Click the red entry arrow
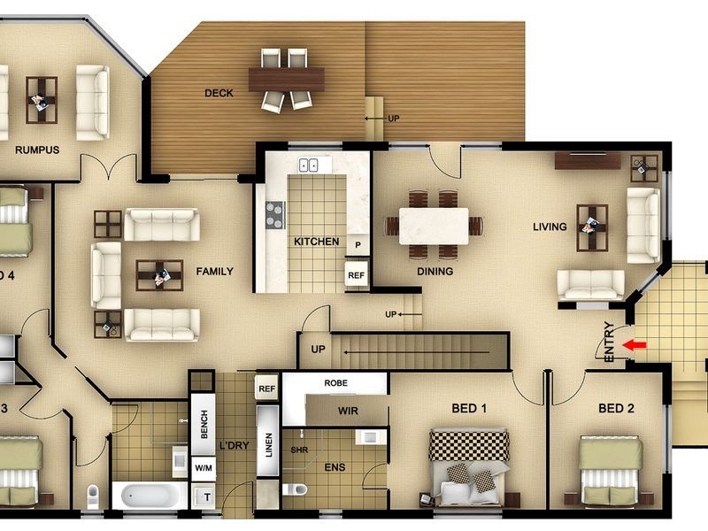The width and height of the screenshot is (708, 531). [x=635, y=345]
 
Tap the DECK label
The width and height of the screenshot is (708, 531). [x=219, y=93]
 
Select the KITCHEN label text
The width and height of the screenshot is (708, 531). [x=316, y=242]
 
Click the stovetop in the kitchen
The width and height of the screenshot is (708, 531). [x=274, y=214]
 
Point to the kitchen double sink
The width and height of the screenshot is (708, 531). [x=309, y=165]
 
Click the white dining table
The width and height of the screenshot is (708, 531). [x=434, y=226]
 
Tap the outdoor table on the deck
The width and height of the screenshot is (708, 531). [x=286, y=80]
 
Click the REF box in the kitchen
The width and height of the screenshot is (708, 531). [x=356, y=275]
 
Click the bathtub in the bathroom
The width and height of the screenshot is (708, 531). [x=149, y=496]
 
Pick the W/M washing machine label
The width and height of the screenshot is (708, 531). [x=203, y=467]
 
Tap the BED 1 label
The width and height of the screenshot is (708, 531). [x=469, y=408]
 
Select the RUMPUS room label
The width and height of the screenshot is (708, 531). [x=37, y=150]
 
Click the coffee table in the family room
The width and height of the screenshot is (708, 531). [x=159, y=275]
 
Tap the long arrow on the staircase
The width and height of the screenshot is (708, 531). [x=416, y=351]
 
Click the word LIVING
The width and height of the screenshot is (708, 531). [x=550, y=227]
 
